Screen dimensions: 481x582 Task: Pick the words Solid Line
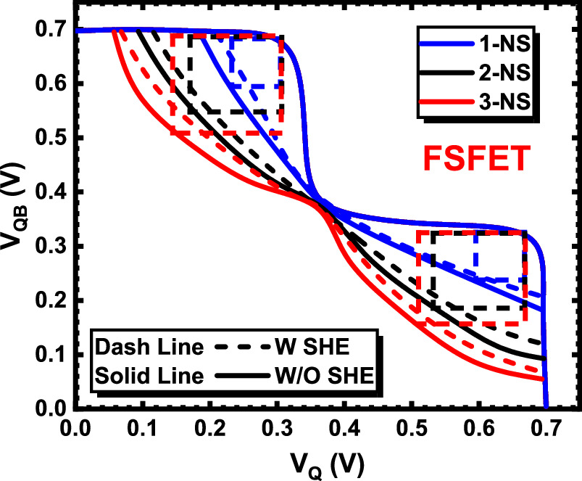149,377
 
